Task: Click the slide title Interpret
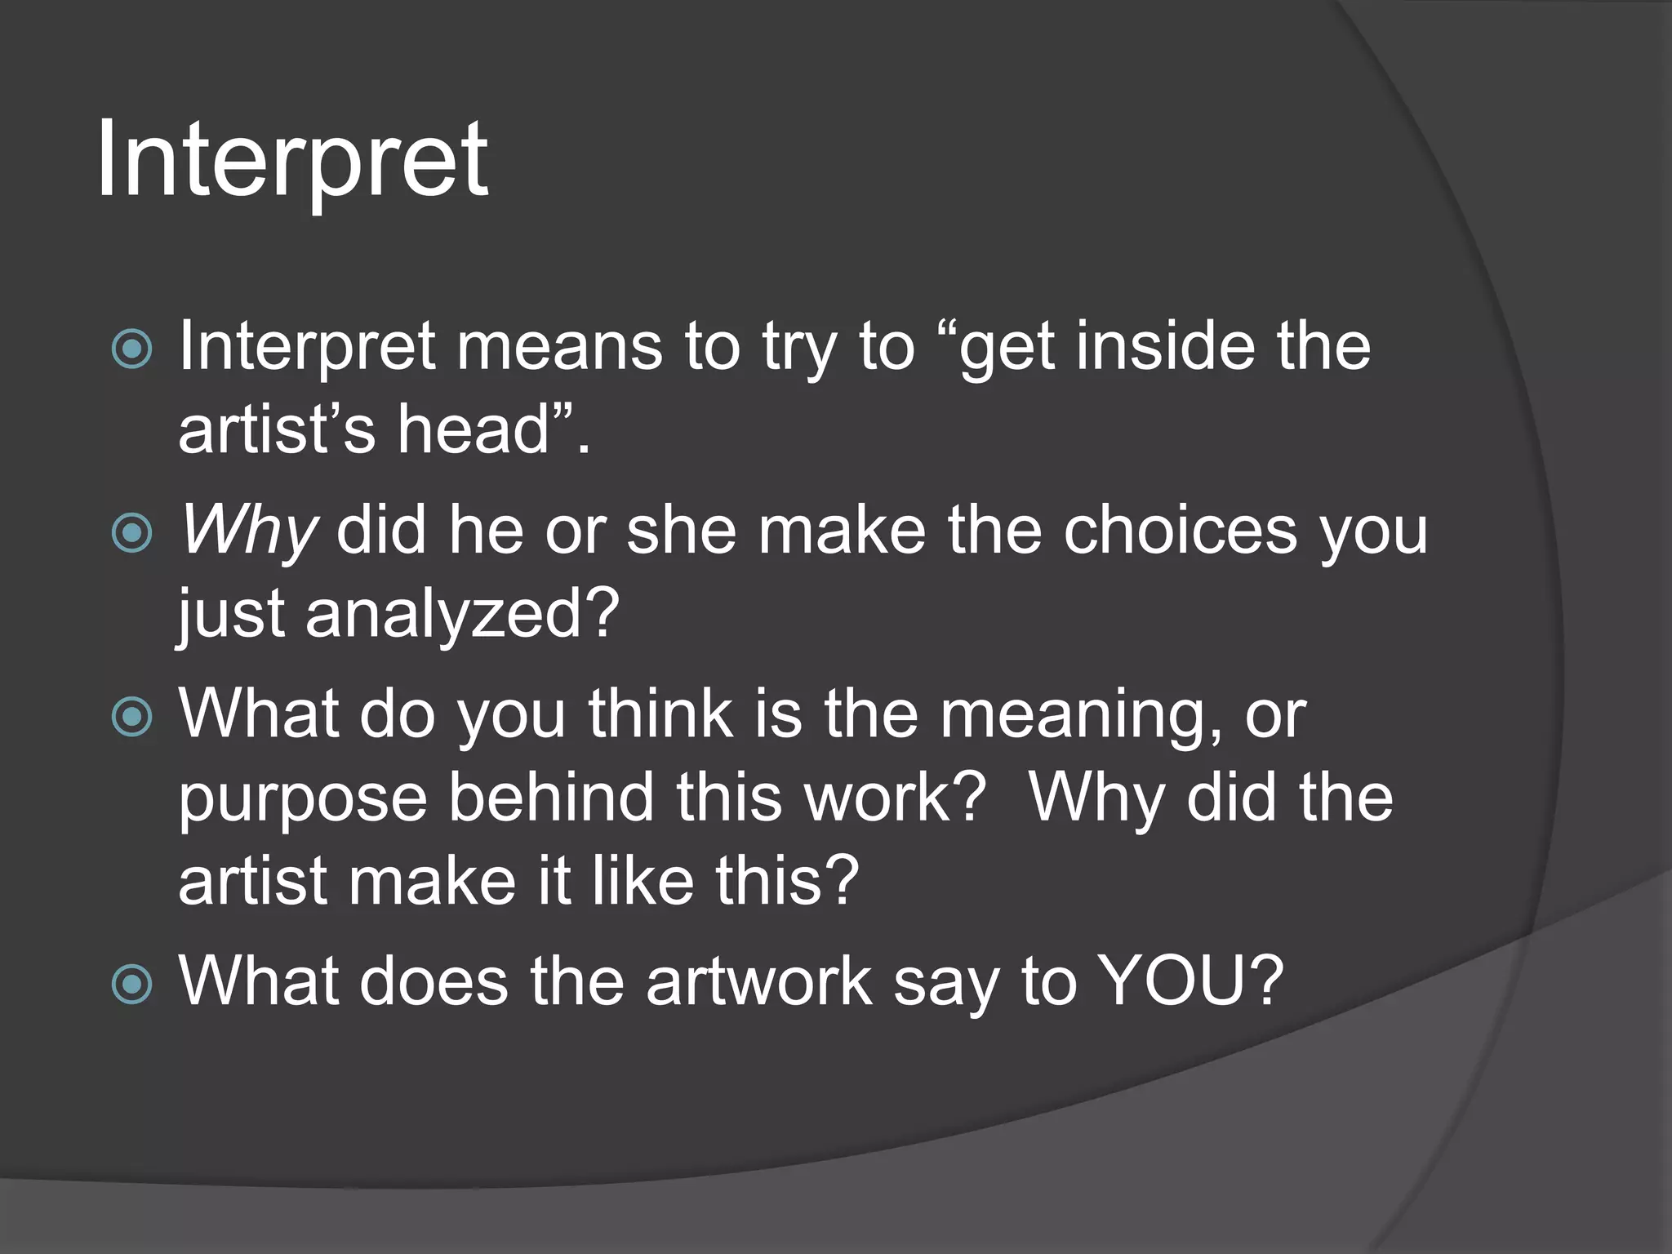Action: tap(291, 161)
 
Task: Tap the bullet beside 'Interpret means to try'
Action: tap(131, 349)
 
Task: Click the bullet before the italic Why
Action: tap(131, 534)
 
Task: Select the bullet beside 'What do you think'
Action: tap(131, 717)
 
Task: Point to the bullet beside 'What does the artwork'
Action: tap(131, 983)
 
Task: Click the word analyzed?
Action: tap(462, 614)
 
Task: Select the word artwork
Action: tap(759, 981)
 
